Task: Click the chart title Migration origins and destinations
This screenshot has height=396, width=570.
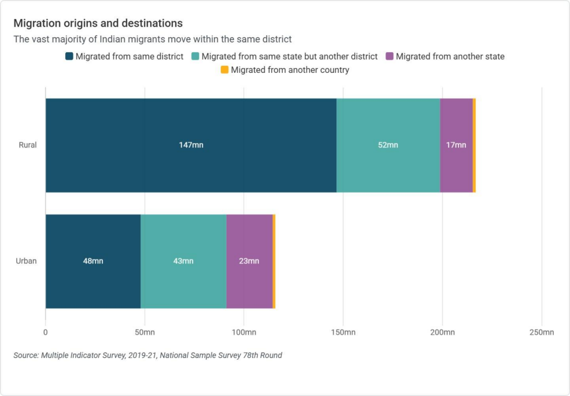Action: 98,23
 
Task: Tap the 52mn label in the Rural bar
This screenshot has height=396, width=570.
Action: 388,145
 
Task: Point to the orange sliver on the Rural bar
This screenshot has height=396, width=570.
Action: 474,145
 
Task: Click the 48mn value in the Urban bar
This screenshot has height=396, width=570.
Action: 93,261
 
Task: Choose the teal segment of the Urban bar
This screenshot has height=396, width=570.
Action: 183,245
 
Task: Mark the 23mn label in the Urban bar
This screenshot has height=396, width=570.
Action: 249,261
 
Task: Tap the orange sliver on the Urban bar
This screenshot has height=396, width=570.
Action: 274,261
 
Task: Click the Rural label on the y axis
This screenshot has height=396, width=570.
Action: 27,145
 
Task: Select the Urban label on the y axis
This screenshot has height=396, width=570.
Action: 27,261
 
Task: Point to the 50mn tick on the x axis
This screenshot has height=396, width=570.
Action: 145,333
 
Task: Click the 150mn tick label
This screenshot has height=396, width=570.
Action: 343,333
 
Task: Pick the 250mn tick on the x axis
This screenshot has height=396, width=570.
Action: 542,333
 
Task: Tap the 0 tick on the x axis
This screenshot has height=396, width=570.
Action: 46,333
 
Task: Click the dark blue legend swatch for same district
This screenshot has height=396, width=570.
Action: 69,56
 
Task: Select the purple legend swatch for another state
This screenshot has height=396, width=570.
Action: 390,56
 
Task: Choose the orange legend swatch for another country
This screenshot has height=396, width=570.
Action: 224,70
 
